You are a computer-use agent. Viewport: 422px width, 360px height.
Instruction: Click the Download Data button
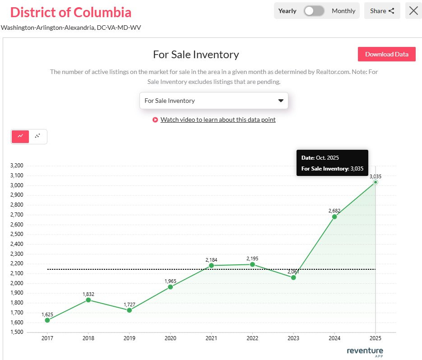click(x=386, y=54)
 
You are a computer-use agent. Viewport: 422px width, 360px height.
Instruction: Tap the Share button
click(x=382, y=11)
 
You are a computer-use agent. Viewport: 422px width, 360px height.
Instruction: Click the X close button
click(x=413, y=11)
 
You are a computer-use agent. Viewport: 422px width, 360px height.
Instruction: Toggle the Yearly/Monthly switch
click(x=314, y=11)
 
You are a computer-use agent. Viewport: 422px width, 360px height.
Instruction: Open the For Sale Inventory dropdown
click(x=213, y=101)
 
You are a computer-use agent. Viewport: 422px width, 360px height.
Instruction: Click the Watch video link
click(x=218, y=120)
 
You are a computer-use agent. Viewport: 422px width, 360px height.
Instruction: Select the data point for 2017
click(x=47, y=320)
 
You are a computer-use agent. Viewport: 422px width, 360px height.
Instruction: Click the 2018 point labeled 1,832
click(x=88, y=300)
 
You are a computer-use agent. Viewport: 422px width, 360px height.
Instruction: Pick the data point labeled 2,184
click(x=211, y=265)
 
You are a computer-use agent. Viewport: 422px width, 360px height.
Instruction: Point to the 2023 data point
click(x=293, y=277)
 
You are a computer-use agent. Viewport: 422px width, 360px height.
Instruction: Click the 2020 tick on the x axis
click(x=170, y=338)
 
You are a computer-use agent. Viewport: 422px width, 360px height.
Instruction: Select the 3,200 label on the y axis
click(x=16, y=166)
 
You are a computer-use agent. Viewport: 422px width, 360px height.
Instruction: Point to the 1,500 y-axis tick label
click(x=16, y=332)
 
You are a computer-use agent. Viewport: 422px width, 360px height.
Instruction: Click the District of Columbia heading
click(x=70, y=12)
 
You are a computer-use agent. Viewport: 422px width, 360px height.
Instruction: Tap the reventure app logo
click(x=365, y=351)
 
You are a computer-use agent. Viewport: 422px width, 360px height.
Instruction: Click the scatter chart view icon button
click(x=38, y=136)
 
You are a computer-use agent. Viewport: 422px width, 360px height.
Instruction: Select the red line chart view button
click(x=20, y=136)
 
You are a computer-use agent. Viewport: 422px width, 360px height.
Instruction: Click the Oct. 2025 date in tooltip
click(x=327, y=157)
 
